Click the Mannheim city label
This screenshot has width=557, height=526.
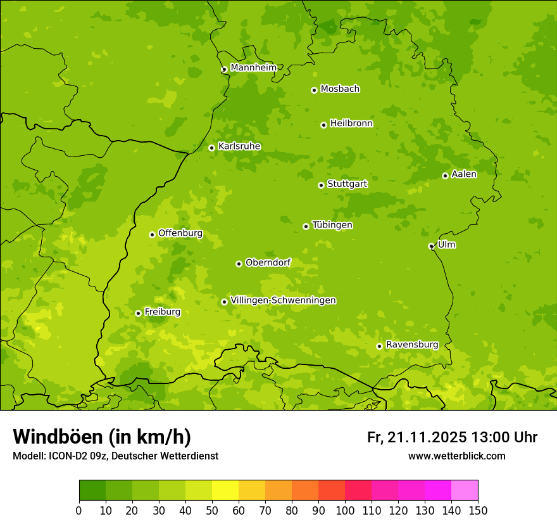click(x=253, y=68)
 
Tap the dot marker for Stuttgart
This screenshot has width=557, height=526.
click(x=321, y=185)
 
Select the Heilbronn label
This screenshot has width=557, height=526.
click(x=351, y=124)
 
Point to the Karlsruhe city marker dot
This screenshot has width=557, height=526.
click(x=211, y=148)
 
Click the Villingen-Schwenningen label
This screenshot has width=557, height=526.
click(x=283, y=300)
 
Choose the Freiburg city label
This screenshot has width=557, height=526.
click(x=162, y=312)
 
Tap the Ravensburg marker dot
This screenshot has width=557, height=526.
click(x=379, y=346)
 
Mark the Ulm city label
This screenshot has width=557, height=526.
click(x=446, y=245)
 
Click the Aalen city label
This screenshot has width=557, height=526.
click(x=464, y=174)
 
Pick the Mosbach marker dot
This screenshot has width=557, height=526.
click(x=314, y=90)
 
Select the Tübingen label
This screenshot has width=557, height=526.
click(x=332, y=225)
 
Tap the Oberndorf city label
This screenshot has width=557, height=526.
click(x=268, y=262)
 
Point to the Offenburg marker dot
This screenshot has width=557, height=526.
click(x=152, y=234)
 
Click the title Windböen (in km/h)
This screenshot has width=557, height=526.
click(x=102, y=437)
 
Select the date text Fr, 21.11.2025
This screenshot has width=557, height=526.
click(x=416, y=437)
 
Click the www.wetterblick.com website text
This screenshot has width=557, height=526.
click(x=456, y=456)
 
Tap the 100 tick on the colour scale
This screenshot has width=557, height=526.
click(x=345, y=510)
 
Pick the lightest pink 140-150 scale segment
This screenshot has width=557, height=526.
click(x=465, y=491)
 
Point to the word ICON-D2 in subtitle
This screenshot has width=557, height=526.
click(x=66, y=456)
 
